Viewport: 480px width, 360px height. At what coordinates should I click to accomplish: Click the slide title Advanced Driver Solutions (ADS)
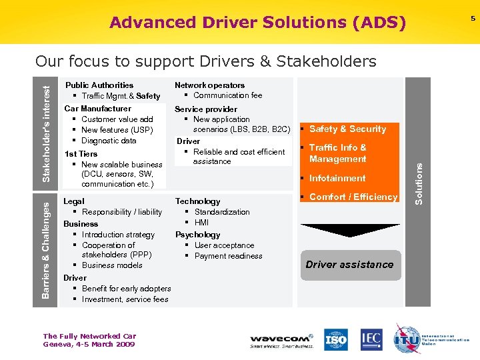pos(257,23)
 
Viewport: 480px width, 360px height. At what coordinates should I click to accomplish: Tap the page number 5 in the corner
pos(473,18)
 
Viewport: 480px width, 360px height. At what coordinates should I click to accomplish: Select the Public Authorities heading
pos(99,85)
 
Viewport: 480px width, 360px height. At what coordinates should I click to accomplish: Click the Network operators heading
pos(209,85)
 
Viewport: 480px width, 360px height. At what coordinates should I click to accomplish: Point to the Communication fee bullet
pos(227,95)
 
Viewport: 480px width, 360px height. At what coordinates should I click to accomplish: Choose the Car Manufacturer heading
pos(98,109)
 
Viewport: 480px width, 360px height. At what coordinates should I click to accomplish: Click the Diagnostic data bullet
pos(108,141)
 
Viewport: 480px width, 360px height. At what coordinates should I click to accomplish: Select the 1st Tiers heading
pos(81,154)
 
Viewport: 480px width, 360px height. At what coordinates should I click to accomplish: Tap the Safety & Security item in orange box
pos(347,129)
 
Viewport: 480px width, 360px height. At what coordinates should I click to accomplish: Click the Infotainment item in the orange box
pos(337,178)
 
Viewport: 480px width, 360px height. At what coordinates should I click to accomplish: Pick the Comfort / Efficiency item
pos(353,197)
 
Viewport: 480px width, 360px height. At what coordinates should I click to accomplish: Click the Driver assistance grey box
pos(349,265)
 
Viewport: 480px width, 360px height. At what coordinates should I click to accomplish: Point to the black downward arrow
pos(349,230)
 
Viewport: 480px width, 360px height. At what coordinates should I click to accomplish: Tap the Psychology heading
pos(197,235)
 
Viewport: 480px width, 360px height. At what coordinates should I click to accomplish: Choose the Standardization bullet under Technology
pos(221,212)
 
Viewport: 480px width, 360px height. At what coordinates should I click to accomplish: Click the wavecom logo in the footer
pos(281,341)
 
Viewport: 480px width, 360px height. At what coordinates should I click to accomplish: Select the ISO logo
pos(336,340)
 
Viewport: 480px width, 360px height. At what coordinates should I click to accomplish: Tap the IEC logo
pos(372,340)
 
